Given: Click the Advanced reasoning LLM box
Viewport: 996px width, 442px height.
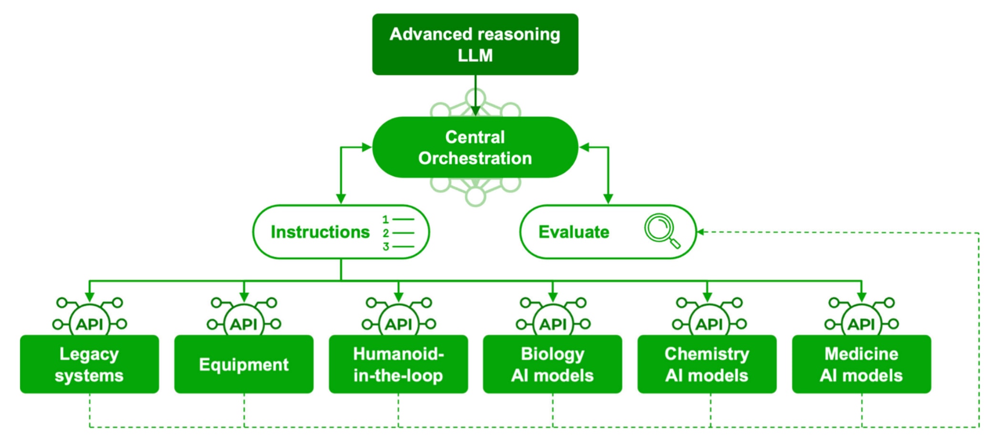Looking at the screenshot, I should coord(475,44).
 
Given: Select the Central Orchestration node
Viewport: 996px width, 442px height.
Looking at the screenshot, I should coord(475,148).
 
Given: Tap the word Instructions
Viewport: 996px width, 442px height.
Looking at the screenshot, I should coord(320,232).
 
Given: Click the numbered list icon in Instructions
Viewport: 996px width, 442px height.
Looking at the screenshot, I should coord(398,233).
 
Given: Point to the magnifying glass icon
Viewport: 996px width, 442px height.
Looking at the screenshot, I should coord(661,231).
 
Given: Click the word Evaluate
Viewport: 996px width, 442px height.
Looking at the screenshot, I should coord(574,232).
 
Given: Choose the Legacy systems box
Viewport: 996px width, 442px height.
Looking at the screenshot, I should coord(89,364).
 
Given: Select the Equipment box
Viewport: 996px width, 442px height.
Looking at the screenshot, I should coord(244,364).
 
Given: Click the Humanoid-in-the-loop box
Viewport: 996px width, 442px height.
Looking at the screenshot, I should coord(398,364).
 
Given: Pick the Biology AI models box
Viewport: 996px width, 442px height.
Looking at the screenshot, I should coord(552,364).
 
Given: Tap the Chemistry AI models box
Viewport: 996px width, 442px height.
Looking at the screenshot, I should coord(707,364).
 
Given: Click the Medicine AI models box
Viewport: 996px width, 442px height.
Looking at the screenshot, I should coord(861,364).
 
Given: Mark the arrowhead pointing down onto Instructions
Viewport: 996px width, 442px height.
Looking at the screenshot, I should coord(341,199).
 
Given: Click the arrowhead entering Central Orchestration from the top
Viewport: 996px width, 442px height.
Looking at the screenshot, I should coord(475,111).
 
